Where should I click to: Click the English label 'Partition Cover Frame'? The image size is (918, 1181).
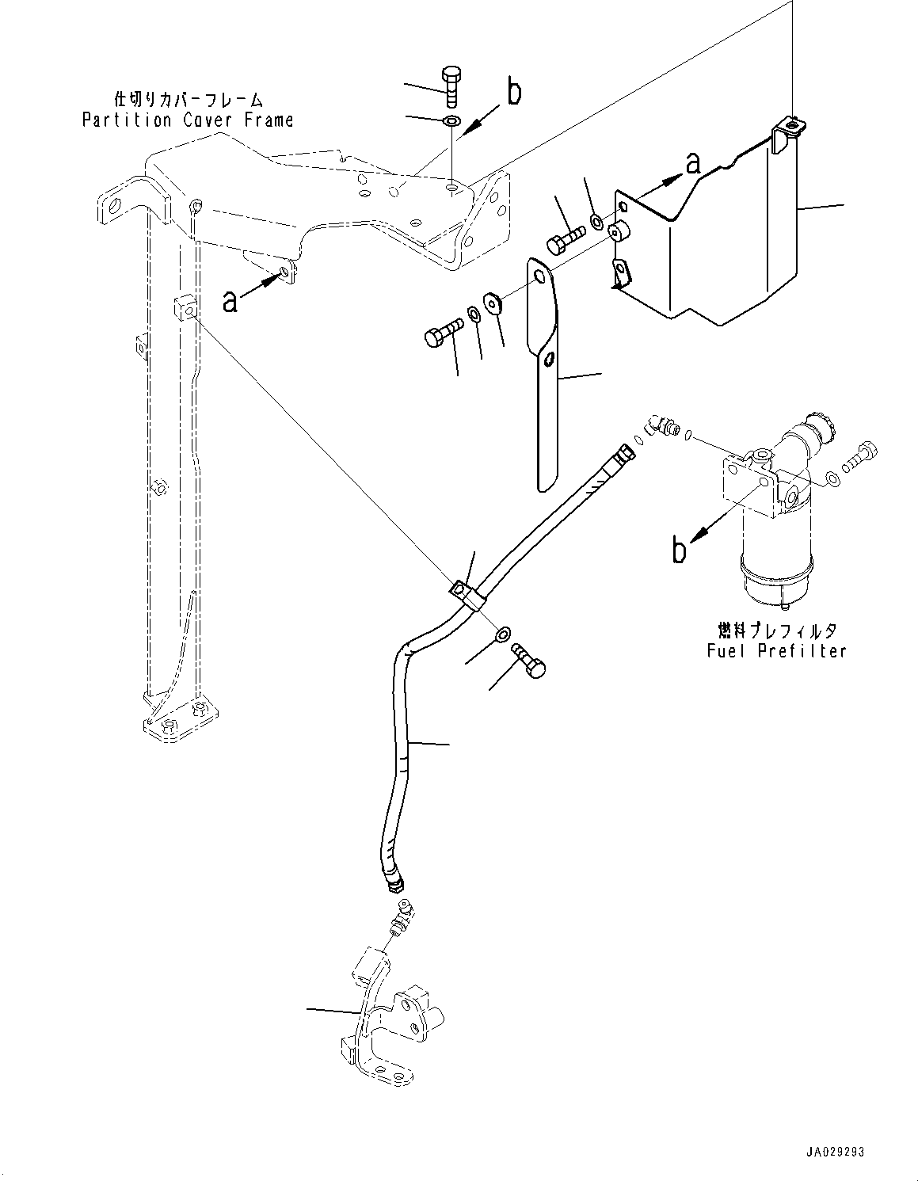click(x=188, y=120)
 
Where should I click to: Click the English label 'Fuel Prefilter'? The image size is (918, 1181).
click(x=776, y=650)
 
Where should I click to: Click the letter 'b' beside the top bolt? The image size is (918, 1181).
click(x=514, y=93)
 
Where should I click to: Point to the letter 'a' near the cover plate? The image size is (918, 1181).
click(x=693, y=163)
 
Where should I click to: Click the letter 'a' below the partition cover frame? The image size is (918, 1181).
click(x=230, y=301)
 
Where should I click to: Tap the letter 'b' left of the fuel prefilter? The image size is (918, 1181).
click(x=679, y=550)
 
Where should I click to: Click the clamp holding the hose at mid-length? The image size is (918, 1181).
click(x=467, y=593)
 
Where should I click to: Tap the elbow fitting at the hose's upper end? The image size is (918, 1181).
click(x=657, y=426)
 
